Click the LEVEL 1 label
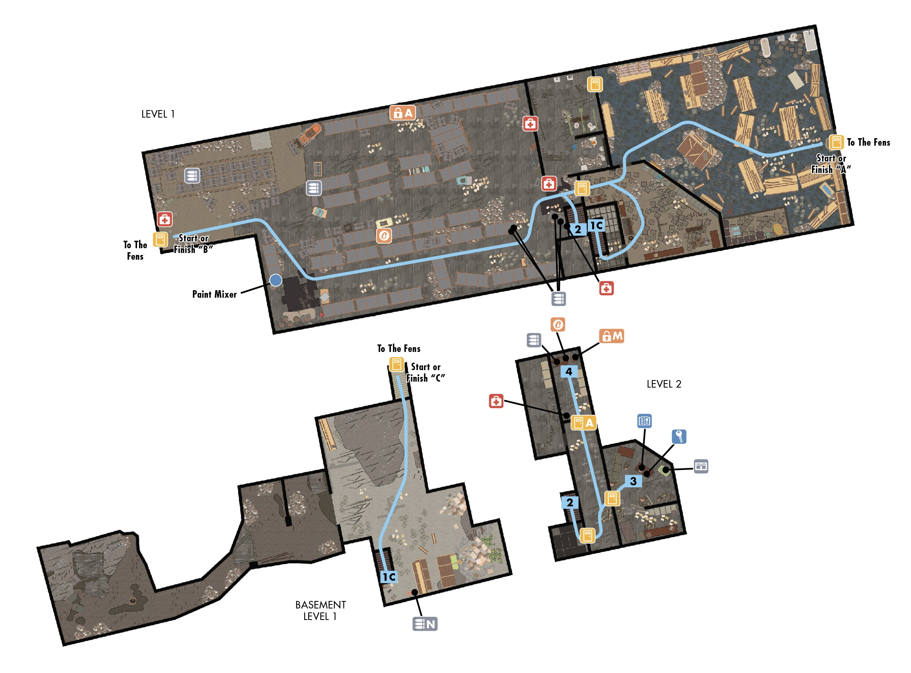coord(158,114)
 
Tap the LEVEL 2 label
coord(663,384)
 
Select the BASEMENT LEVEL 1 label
coord(320,610)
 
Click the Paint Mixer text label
coord(214,294)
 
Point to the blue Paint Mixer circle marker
coord(276,280)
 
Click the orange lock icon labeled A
coord(403,113)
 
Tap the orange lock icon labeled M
coord(612,336)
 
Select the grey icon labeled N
coord(425,624)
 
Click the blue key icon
coord(679,437)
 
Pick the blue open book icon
coord(644,421)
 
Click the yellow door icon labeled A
coord(584,423)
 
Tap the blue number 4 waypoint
coord(569,371)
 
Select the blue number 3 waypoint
coord(633,481)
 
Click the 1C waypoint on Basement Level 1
coord(389,577)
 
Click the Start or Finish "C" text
coord(425,373)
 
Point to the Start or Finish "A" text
coord(831,164)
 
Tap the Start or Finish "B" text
coord(193,243)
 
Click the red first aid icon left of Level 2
coord(496,401)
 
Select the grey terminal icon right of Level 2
coord(701,466)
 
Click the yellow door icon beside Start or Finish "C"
coord(396,364)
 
